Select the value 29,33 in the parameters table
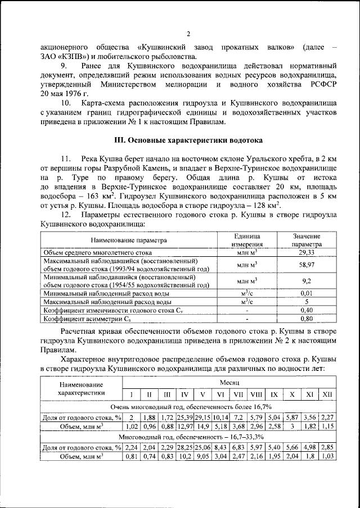point(307,253)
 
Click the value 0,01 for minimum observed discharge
point(307,293)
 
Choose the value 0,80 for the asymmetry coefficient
point(307,319)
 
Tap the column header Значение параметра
point(307,241)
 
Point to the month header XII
point(327,393)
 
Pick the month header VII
point(238,393)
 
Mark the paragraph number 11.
point(67,158)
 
